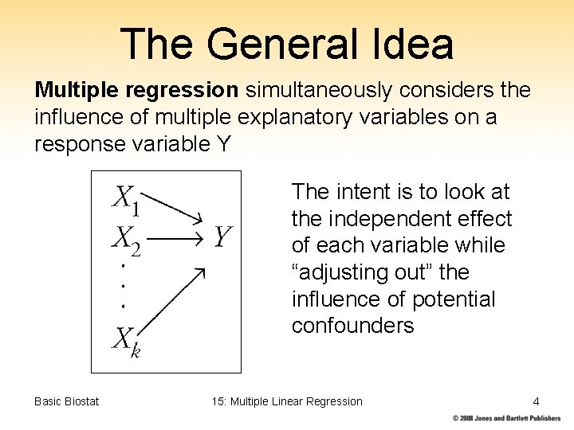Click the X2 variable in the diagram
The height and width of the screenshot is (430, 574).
pos(126,238)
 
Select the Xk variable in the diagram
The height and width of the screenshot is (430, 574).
pos(126,341)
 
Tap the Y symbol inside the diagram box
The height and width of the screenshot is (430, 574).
pos(222,236)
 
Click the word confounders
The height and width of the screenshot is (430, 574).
pos(352,326)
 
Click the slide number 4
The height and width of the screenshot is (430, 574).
pos(536,401)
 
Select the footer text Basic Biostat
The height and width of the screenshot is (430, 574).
pos(67,401)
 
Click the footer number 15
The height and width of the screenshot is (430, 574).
pos(218,401)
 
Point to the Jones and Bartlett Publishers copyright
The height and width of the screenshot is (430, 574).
pos(507,418)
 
